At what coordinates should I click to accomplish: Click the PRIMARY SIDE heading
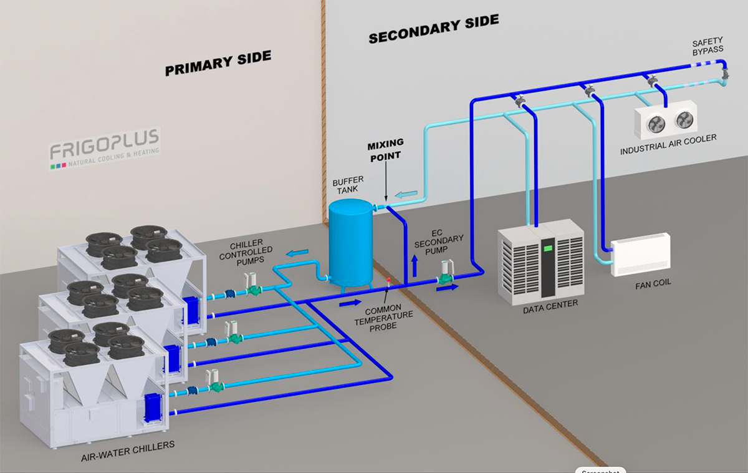[x=218, y=63]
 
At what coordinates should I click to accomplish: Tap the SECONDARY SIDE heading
[x=434, y=29]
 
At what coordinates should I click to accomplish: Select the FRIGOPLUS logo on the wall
[x=105, y=149]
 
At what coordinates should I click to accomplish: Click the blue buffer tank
[x=350, y=243]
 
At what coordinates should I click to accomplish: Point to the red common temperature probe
[x=388, y=280]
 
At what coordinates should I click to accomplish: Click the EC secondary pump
[x=446, y=273]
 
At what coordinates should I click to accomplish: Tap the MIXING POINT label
[x=385, y=150]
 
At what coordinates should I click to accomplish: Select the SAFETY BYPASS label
[x=707, y=46]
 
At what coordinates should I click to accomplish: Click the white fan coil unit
[x=641, y=254]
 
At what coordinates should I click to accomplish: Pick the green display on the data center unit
[x=548, y=248]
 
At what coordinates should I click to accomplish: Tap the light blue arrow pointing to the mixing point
[x=406, y=194]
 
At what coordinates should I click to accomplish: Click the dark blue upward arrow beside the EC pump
[x=415, y=266]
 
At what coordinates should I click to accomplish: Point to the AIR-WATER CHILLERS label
[x=128, y=451]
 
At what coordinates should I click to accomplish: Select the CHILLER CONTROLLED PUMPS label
[x=246, y=253]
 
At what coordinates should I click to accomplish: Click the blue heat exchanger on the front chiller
[x=153, y=409]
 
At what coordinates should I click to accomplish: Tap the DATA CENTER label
[x=550, y=307]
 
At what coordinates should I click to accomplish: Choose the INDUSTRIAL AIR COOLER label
[x=668, y=144]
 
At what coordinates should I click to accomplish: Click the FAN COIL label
[x=653, y=285]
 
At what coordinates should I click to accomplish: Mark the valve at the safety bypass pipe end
[x=725, y=74]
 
